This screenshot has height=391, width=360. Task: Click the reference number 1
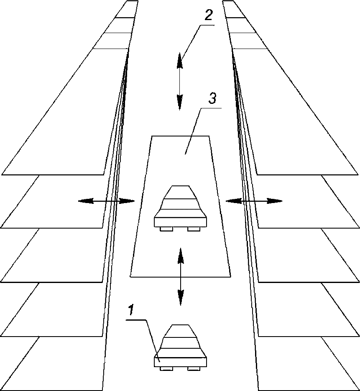tap(131, 309)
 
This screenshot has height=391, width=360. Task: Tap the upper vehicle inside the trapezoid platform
tap(180, 208)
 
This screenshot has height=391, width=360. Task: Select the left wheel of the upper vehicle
tap(166, 229)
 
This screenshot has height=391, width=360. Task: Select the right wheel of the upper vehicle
tap(194, 229)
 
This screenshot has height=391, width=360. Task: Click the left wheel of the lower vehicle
tap(166, 368)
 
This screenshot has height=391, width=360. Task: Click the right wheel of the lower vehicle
tap(194, 368)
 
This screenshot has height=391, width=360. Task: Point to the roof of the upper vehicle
tap(180, 192)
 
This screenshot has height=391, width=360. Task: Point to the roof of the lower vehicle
tap(180, 331)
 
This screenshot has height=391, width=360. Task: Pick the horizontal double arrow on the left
tap(106, 201)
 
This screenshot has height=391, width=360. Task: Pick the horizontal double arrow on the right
tap(254, 201)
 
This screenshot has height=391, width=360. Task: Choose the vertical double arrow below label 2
tap(180, 81)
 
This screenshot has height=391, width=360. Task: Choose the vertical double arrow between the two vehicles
tap(180, 277)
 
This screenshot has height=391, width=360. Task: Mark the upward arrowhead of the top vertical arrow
tap(180, 60)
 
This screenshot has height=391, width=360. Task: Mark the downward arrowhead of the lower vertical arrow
tap(180, 298)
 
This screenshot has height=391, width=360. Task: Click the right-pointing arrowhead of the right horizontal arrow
tap(275, 201)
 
